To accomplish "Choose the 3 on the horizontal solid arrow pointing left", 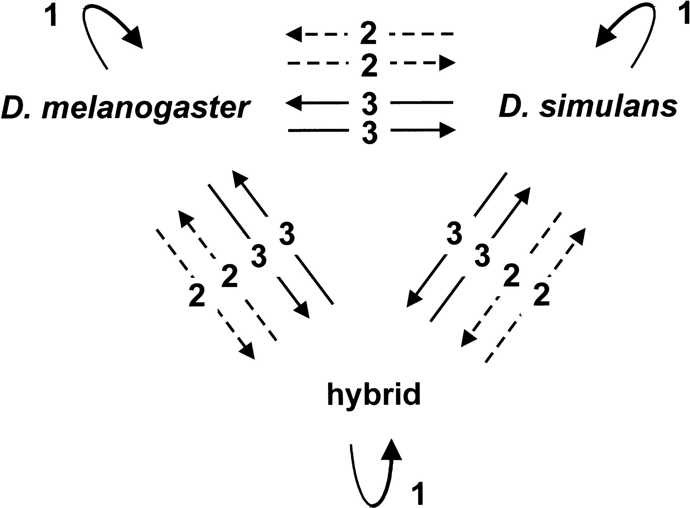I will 370,103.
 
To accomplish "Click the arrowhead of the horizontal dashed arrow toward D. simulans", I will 447,62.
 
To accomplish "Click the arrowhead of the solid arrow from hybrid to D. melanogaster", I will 240,178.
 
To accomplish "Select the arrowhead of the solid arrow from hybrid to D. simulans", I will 523,195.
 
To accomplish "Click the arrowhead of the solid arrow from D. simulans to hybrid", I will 414,299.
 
